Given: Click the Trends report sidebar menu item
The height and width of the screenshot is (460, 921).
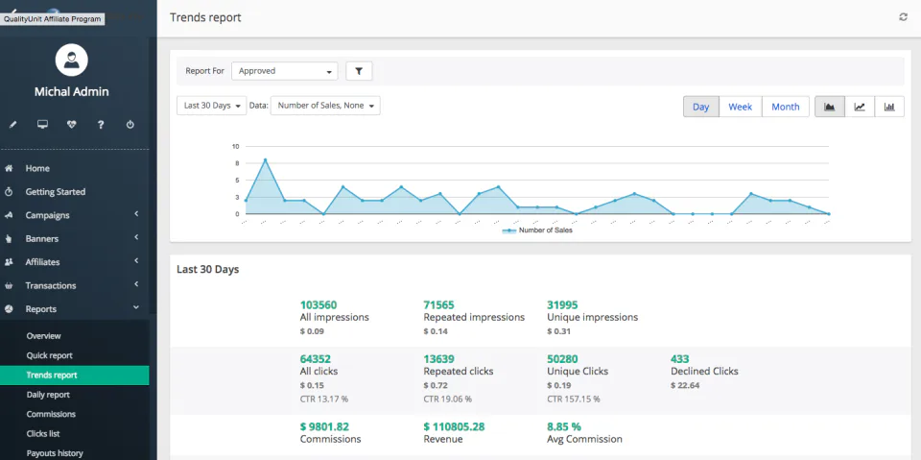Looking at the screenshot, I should (x=52, y=375).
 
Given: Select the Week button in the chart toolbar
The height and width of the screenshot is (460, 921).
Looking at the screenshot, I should (x=740, y=107).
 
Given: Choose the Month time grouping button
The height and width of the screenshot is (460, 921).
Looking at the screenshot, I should (x=785, y=107).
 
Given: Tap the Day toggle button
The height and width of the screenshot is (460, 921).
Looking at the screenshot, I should (x=701, y=107).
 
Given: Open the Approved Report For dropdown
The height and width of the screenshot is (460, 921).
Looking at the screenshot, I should (x=284, y=71).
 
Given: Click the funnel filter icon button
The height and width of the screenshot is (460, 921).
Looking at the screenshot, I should (x=359, y=71).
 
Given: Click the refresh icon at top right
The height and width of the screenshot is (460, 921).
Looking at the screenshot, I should (x=903, y=17).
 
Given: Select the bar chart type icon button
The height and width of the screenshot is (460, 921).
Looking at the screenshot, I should (x=889, y=107).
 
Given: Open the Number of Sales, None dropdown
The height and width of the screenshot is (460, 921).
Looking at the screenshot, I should (x=325, y=106).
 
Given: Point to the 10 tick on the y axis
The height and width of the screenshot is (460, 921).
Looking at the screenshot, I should (x=235, y=146).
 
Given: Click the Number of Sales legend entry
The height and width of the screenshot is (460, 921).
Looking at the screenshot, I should (x=538, y=230).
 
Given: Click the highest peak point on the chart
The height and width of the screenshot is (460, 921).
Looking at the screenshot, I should (x=265, y=160).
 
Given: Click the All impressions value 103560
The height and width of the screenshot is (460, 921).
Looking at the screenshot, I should (x=319, y=304).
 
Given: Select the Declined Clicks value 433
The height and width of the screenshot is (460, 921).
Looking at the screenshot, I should (x=679, y=359).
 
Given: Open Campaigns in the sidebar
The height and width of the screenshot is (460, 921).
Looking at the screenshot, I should (x=47, y=215).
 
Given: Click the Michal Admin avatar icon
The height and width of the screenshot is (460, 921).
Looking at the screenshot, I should (x=72, y=61).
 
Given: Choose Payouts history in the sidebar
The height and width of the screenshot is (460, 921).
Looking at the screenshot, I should (x=55, y=453).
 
